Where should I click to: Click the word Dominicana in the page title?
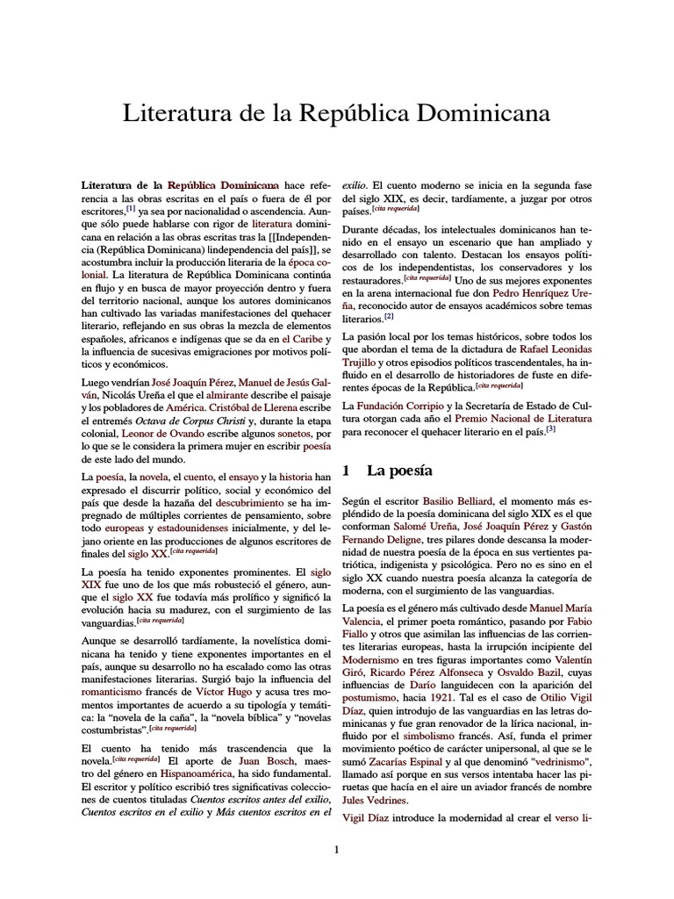tap(475, 114)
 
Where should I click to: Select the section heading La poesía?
tap(399, 471)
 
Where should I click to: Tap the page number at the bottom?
tap(336, 849)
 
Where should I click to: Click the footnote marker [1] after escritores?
tap(131, 208)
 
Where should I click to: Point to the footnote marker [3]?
tap(550, 430)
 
